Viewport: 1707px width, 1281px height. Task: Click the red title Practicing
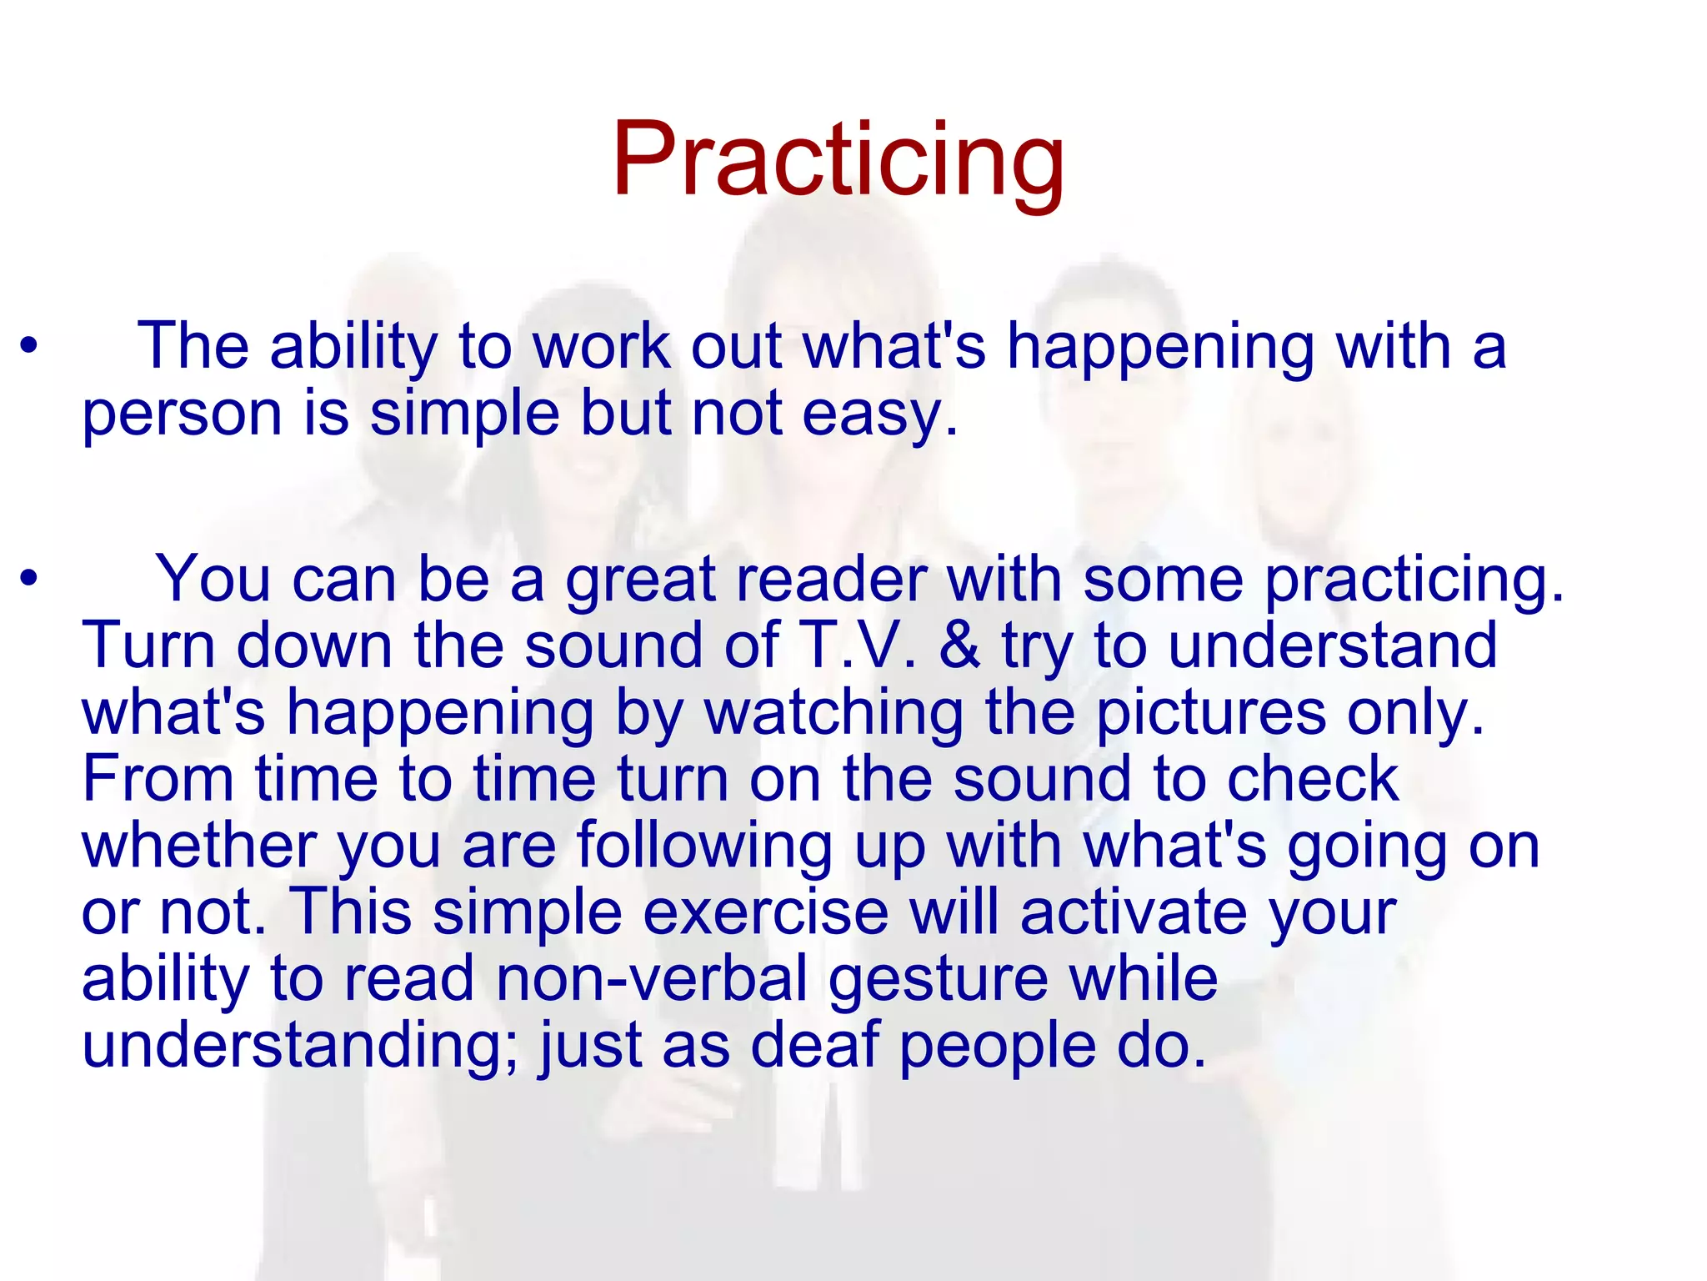point(838,160)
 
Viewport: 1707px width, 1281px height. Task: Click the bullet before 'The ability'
point(30,346)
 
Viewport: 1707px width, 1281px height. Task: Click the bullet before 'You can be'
point(30,579)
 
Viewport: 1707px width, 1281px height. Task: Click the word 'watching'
point(834,712)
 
